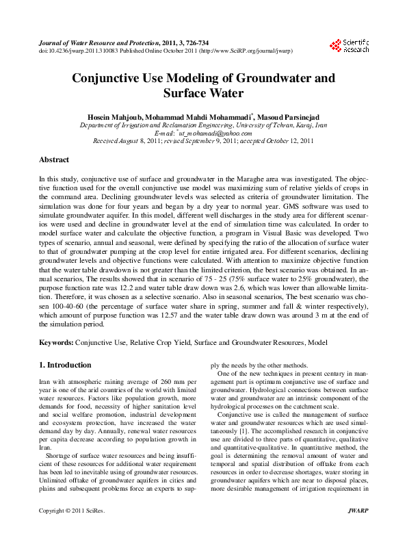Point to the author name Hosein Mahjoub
pyautogui.click(x=114, y=117)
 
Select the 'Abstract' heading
pyautogui.click(x=54, y=160)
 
